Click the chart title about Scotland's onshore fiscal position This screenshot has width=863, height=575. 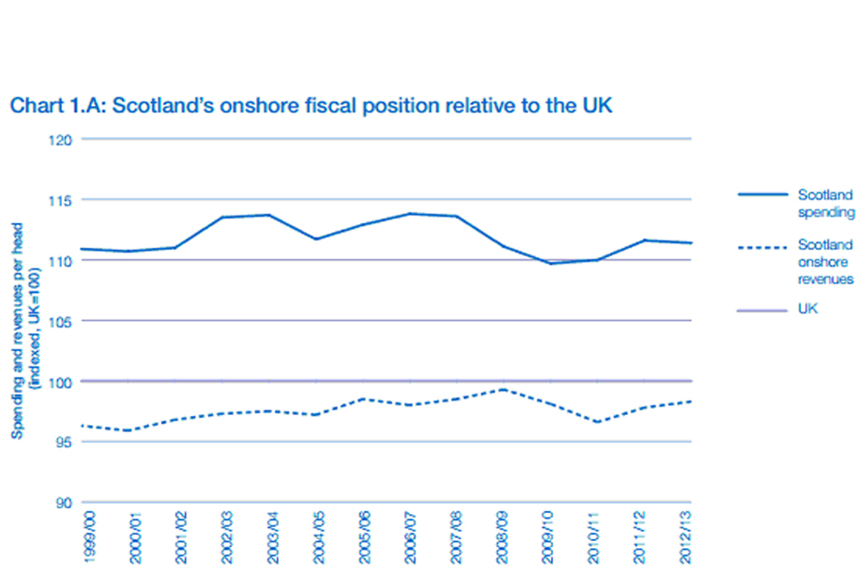point(310,105)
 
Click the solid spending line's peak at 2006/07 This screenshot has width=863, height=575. point(411,214)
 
